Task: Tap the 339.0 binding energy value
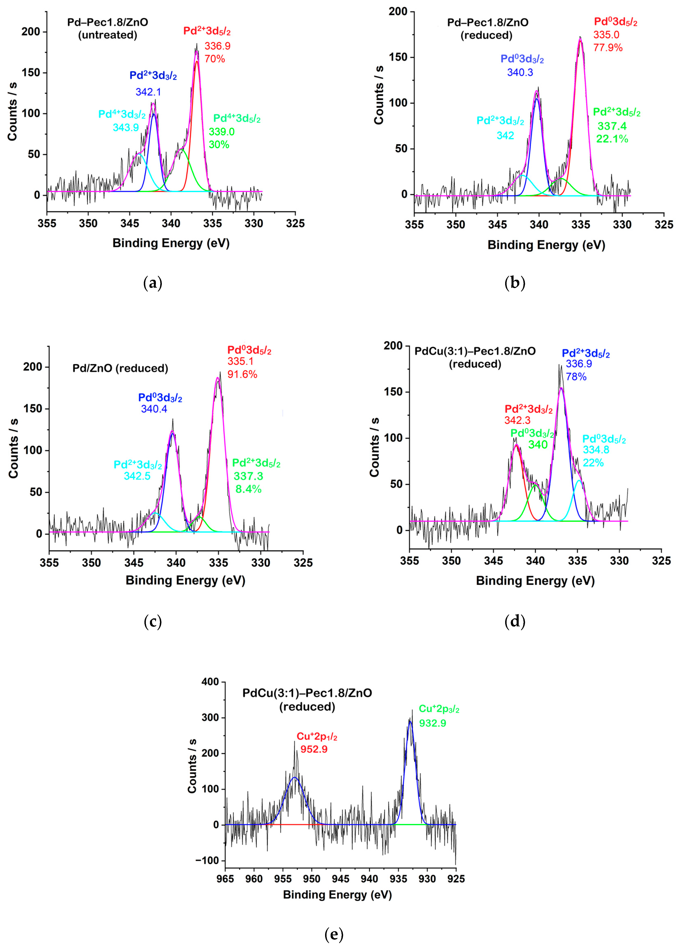[221, 132]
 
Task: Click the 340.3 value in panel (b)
[520, 72]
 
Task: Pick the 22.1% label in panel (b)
[612, 139]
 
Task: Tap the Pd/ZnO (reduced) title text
[120, 368]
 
